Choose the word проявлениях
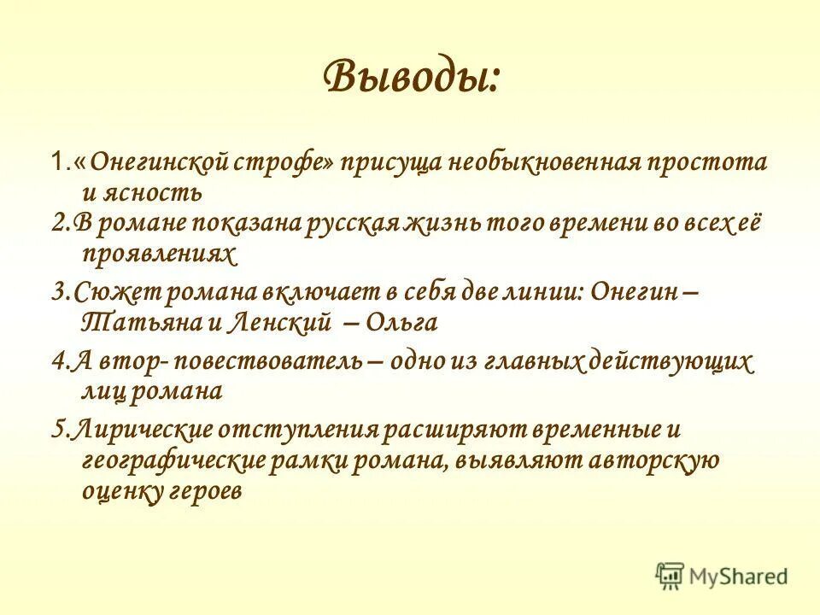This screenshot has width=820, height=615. pyautogui.click(x=157, y=254)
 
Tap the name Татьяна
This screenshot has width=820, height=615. pyautogui.click(x=128, y=323)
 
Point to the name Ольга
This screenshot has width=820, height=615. pyautogui.click(x=401, y=323)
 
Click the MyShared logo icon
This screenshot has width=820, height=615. pyautogui.click(x=671, y=575)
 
